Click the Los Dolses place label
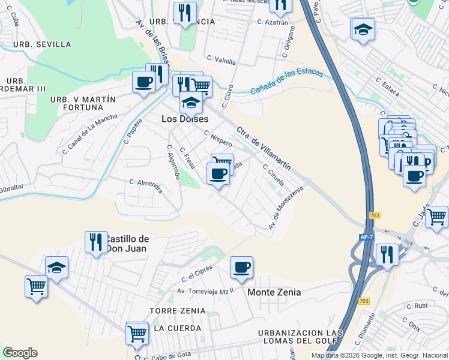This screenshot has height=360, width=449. click(185, 119)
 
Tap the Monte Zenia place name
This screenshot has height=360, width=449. click(274, 292)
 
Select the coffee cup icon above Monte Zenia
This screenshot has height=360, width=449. click(241, 268)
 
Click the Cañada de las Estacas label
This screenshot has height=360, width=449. click(286, 82)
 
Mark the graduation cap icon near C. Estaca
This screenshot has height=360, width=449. click(363, 29)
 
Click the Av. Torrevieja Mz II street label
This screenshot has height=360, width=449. click(205, 292)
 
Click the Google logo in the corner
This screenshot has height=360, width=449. click(20, 353)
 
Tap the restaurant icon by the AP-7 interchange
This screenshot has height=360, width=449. click(387, 254)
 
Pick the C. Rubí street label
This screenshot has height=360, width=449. click(417, 305)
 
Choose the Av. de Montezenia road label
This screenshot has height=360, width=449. click(286, 208)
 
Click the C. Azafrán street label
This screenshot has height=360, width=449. click(273, 22)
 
